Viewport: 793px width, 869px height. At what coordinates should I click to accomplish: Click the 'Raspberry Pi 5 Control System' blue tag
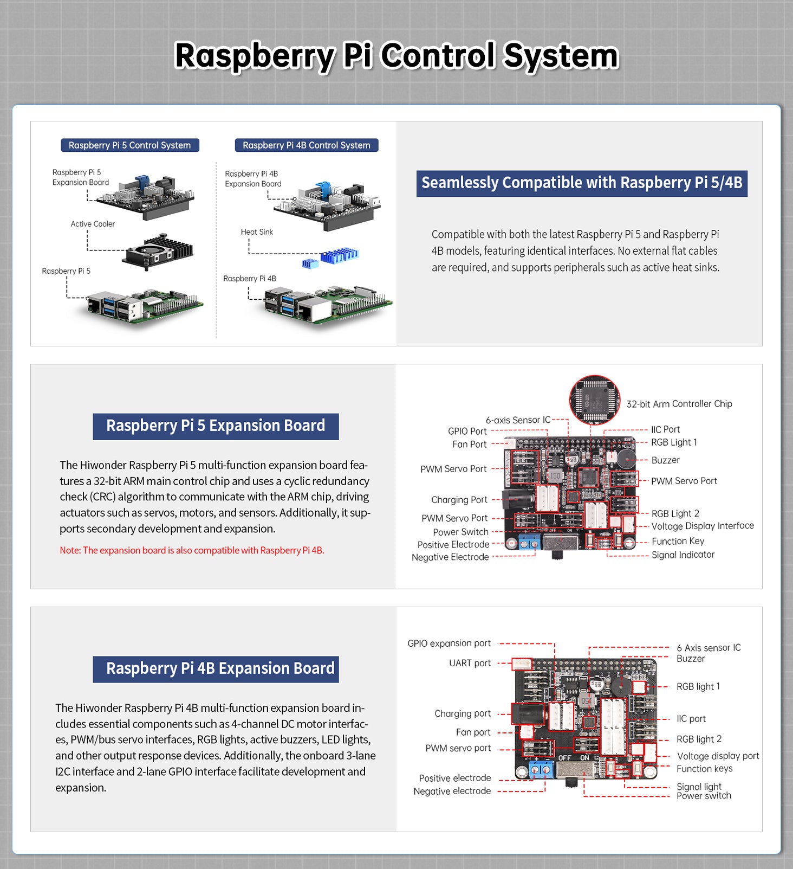[130, 145]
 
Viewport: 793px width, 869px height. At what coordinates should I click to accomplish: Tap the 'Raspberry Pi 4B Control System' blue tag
[306, 145]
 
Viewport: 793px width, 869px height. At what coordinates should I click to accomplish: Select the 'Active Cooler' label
[93, 224]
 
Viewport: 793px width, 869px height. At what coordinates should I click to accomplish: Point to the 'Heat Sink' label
[257, 232]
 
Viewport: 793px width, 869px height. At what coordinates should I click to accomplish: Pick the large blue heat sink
[339, 255]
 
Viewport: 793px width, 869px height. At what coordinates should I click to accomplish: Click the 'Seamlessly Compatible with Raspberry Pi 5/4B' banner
[582, 183]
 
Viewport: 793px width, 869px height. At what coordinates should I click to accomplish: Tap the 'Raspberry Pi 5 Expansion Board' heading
[216, 426]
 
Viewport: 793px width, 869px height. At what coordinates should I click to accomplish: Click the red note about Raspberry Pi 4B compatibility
[192, 550]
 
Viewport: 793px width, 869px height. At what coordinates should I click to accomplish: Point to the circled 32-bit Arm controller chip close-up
[594, 400]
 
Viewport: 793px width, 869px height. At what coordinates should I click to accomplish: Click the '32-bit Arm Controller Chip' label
[679, 404]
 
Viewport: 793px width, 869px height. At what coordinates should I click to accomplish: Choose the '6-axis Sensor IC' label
[518, 420]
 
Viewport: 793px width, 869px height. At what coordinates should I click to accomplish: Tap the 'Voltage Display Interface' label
[703, 526]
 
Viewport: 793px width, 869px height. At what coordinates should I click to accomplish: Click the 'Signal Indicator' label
[682, 555]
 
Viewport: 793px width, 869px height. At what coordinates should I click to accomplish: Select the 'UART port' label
[470, 663]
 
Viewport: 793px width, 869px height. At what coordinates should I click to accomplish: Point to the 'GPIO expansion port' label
[449, 643]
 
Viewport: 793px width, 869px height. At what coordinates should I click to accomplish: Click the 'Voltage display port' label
[718, 756]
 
